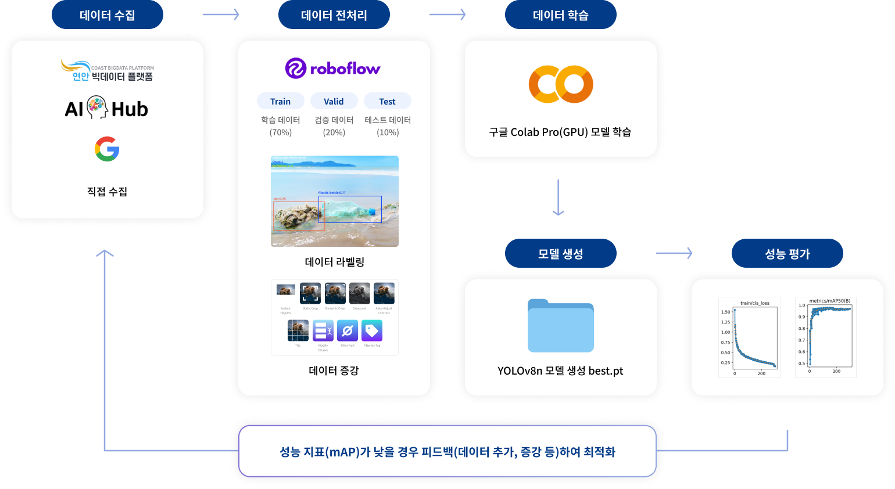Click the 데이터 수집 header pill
click(x=107, y=15)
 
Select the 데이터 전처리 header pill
click(x=334, y=15)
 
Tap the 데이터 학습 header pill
click(x=560, y=15)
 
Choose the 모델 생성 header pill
click(x=560, y=254)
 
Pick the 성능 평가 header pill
click(x=787, y=254)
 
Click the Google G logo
click(x=107, y=149)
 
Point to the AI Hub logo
click(x=106, y=109)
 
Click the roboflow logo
click(x=333, y=69)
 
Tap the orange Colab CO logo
click(x=560, y=84)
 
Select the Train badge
click(x=280, y=101)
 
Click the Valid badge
click(x=334, y=101)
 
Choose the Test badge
click(x=387, y=101)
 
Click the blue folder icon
click(x=560, y=326)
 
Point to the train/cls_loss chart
click(x=749, y=337)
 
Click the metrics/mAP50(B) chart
click(x=825, y=337)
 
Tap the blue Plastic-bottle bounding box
click(x=350, y=209)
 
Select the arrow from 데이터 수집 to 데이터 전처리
click(x=221, y=15)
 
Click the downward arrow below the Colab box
click(x=558, y=198)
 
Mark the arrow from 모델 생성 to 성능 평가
click(x=674, y=253)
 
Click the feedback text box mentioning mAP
click(x=447, y=451)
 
